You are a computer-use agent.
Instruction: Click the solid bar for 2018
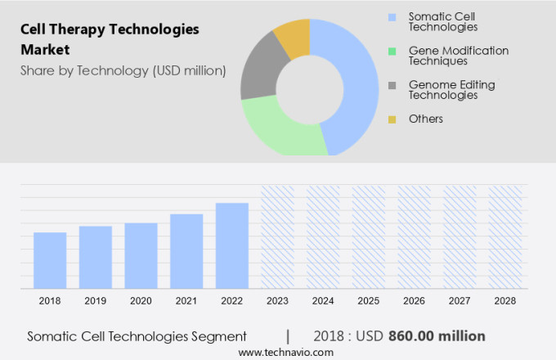[x=50, y=260]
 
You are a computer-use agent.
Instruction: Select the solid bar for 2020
[x=141, y=255]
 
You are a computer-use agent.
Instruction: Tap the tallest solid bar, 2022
[x=232, y=245]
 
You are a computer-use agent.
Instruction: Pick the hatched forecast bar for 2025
[x=368, y=236]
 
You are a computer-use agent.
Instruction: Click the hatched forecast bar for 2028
[x=504, y=236]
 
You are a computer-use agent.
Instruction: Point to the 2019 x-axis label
[x=96, y=301]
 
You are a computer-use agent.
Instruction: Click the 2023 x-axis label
[x=277, y=301]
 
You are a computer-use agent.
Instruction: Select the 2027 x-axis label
[x=460, y=301]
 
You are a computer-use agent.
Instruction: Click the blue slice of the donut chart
[x=356, y=82]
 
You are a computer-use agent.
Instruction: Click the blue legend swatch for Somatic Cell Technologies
[x=392, y=16]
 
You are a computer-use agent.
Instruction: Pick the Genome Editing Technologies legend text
[x=451, y=90]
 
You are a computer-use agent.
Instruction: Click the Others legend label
[x=425, y=119]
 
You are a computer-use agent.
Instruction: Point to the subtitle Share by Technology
[x=123, y=70]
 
